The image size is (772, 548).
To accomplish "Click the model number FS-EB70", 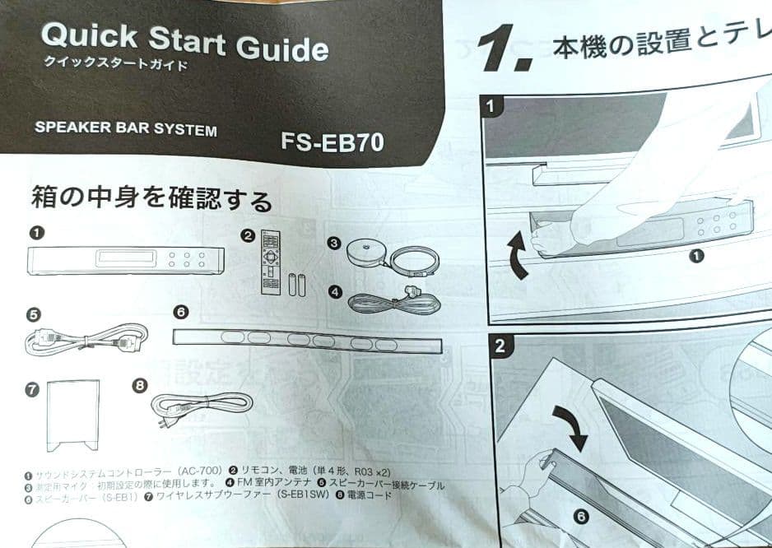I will pyautogui.click(x=333, y=141).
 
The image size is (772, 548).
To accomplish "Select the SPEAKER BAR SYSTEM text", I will pyautogui.click(x=126, y=129).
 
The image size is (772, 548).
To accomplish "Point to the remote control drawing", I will pyautogui.click(x=271, y=262).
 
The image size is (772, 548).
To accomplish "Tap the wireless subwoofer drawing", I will pyautogui.click(x=74, y=416).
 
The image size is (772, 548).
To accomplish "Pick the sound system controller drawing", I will pyautogui.click(x=126, y=260).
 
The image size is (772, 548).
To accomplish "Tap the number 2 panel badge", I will pyautogui.click(x=499, y=346).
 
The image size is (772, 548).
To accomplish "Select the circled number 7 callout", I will pyautogui.click(x=32, y=390).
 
